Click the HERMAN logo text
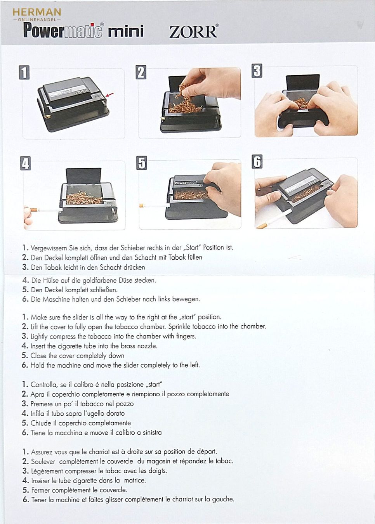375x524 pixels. pos(37,12)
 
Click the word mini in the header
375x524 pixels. pos(126,31)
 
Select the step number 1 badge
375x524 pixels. pos(24,72)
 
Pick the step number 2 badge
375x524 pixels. pos(141,72)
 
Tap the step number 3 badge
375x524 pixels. pos(257,71)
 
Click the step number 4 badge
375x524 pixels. pos(26,163)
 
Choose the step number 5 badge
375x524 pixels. pos(142,163)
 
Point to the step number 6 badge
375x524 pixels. pos(257,161)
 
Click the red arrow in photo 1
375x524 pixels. pos(110,95)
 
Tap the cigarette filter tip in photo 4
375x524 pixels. pos(34,210)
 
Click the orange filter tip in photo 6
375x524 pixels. pos(262,226)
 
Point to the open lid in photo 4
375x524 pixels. pos(83,176)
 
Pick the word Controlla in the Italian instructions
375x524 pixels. pos(44,385)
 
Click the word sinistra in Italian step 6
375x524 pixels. pos(152,432)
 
